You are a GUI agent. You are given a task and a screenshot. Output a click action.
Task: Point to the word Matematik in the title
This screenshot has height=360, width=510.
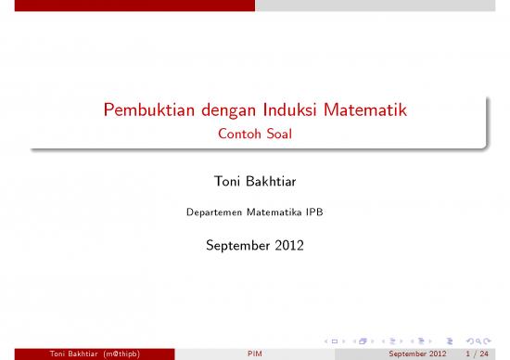[364, 113]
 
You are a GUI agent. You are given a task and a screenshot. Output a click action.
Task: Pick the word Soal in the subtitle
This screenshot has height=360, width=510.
[277, 135]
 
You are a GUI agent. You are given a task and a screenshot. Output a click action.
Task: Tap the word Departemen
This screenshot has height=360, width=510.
[209, 212]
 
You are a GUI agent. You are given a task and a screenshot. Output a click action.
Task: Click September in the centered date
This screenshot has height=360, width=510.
[235, 247]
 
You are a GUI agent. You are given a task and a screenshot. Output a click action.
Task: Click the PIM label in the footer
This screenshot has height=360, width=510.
[254, 354]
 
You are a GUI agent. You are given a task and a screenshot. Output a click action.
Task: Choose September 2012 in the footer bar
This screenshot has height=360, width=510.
[418, 354]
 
